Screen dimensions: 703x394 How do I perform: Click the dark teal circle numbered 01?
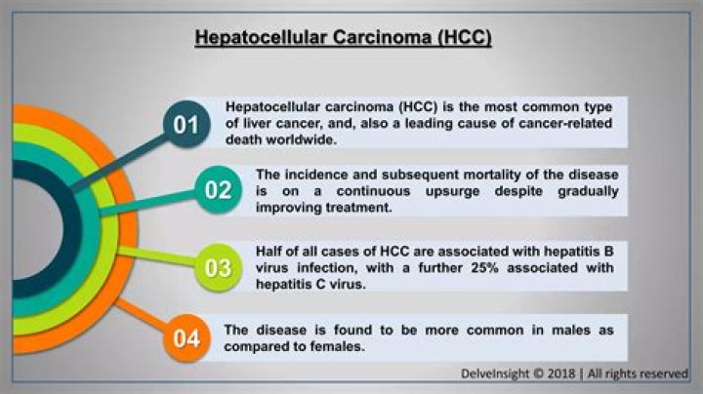(186, 124)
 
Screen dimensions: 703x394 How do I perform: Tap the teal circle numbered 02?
(218, 190)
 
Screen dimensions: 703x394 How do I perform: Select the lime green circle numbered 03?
(218, 268)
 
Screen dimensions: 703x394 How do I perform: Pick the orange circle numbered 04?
(186, 338)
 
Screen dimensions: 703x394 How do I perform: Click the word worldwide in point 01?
(301, 139)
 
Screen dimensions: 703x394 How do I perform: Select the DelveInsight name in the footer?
(495, 374)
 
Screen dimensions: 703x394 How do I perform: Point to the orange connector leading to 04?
(141, 317)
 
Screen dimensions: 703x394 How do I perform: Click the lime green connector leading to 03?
(158, 256)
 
